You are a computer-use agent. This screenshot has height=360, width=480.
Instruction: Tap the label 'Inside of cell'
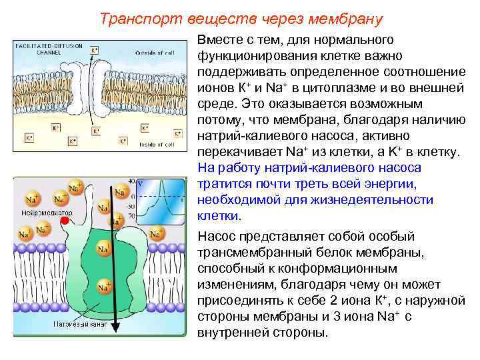click(x=157, y=144)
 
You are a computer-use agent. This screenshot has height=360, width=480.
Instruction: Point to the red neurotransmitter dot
click(x=65, y=221)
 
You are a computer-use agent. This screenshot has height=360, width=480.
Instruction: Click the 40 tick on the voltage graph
click(x=131, y=181)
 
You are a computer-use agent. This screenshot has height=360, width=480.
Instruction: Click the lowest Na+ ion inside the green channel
click(x=103, y=287)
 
